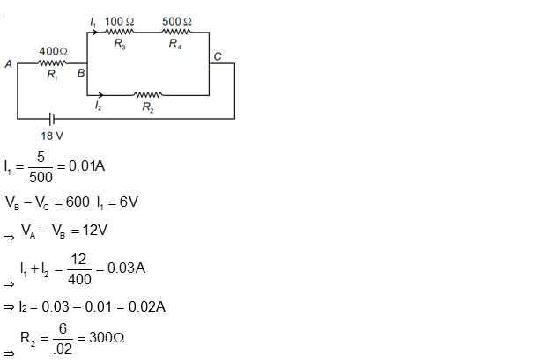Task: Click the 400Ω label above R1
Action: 54,52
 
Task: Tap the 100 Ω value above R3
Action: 121,20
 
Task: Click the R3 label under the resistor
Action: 120,46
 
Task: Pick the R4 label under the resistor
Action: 176,46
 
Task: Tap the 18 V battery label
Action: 53,136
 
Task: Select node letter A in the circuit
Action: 8,64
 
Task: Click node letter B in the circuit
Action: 80,75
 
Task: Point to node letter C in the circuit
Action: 218,55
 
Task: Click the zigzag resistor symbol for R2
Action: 147,93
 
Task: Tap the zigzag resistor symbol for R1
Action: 53,63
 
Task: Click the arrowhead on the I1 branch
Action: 91,32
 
